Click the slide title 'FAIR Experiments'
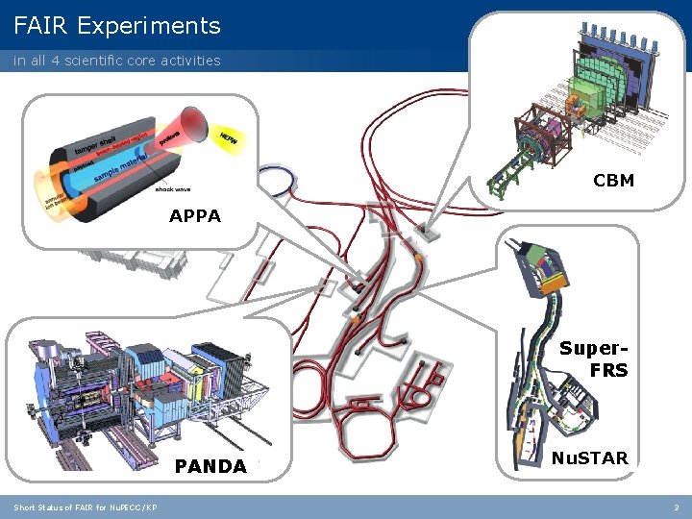pyautogui.click(x=117, y=26)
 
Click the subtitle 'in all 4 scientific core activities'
pyautogui.click(x=116, y=61)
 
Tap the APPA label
pyautogui.click(x=195, y=216)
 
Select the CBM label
pyautogui.click(x=613, y=180)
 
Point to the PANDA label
pyautogui.click(x=210, y=467)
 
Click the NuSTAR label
pyautogui.click(x=590, y=457)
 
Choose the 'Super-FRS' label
pyautogui.click(x=596, y=358)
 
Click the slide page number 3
pyautogui.click(x=676, y=507)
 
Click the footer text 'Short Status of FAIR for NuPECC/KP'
pyautogui.click(x=86, y=507)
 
